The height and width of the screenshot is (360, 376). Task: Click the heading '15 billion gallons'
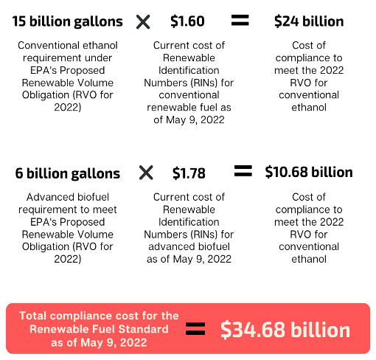click(x=67, y=21)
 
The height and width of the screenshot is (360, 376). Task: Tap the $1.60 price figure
click(x=187, y=21)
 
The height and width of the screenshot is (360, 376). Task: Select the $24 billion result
click(x=309, y=21)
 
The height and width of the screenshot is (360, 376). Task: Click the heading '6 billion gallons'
click(x=68, y=173)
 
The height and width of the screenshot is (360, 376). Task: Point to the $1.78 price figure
click(x=189, y=173)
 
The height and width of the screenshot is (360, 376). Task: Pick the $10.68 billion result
click(x=309, y=172)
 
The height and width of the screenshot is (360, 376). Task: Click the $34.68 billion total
click(x=285, y=330)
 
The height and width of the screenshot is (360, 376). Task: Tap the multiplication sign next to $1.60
click(x=143, y=22)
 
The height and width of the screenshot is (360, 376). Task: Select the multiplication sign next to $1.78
click(x=146, y=173)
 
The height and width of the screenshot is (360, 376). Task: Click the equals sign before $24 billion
click(x=240, y=21)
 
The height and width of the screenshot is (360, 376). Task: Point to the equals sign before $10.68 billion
click(x=243, y=171)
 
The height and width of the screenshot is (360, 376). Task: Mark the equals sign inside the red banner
click(x=195, y=329)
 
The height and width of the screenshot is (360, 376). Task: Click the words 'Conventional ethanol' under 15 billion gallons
click(x=68, y=45)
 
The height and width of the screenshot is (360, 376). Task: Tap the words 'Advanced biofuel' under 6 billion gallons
click(x=68, y=197)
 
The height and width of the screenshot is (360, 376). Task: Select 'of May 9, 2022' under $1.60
click(x=189, y=120)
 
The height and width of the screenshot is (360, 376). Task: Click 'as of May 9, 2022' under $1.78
click(x=189, y=259)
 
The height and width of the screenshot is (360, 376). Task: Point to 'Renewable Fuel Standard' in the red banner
click(x=99, y=329)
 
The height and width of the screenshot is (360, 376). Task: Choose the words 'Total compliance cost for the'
click(x=99, y=316)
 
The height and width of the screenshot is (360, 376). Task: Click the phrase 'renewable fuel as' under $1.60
click(x=189, y=108)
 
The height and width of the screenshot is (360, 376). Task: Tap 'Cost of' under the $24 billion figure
click(x=309, y=45)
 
